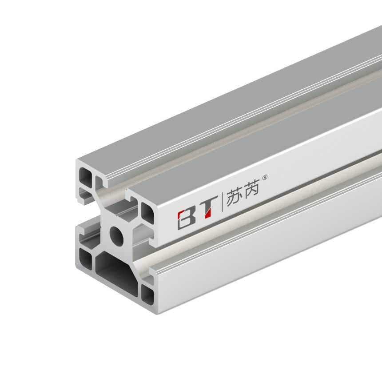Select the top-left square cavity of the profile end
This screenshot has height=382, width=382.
point(85,177)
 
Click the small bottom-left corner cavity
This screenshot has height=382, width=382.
point(84,256)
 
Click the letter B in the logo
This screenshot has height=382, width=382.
point(186,218)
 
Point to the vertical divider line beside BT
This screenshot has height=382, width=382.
point(223,204)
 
